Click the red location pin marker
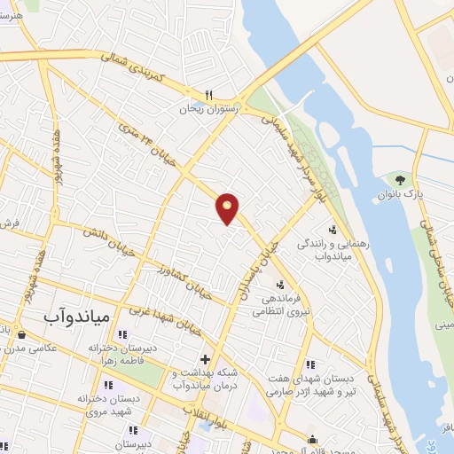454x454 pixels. pos(228,207)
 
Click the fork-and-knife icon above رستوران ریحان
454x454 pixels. pos(209,94)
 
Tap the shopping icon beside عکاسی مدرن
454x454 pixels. pos(21,335)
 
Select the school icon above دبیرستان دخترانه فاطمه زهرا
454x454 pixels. pos(122,334)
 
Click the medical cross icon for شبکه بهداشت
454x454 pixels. pos(206,359)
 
